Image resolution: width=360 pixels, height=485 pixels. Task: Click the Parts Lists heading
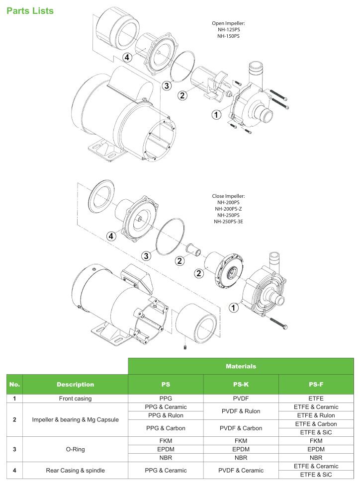point(30,10)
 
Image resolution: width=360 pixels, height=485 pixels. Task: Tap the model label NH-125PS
point(229,29)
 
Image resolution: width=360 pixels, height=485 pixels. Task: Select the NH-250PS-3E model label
point(229,222)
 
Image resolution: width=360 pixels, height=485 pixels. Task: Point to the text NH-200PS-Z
point(229,209)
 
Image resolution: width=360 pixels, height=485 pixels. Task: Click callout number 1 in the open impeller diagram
point(216,115)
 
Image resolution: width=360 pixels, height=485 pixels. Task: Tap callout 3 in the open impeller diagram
point(167,85)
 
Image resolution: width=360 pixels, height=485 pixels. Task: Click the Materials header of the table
point(241,366)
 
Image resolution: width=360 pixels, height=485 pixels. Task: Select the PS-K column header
point(241,384)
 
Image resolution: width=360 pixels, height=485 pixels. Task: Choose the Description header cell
point(75,384)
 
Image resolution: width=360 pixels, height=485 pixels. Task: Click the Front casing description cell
point(75,399)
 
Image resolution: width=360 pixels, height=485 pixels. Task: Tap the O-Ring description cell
point(75,449)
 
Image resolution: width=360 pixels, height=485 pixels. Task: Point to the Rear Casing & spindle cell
point(75,470)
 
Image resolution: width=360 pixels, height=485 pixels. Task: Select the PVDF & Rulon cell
point(241,411)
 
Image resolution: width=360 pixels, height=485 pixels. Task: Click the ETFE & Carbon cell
point(316,424)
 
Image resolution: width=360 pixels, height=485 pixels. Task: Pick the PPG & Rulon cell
point(166,415)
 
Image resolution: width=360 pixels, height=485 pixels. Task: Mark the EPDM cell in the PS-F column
point(316,449)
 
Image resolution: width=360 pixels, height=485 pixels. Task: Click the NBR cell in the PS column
point(166,458)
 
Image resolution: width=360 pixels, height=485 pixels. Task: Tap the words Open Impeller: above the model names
point(229,23)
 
